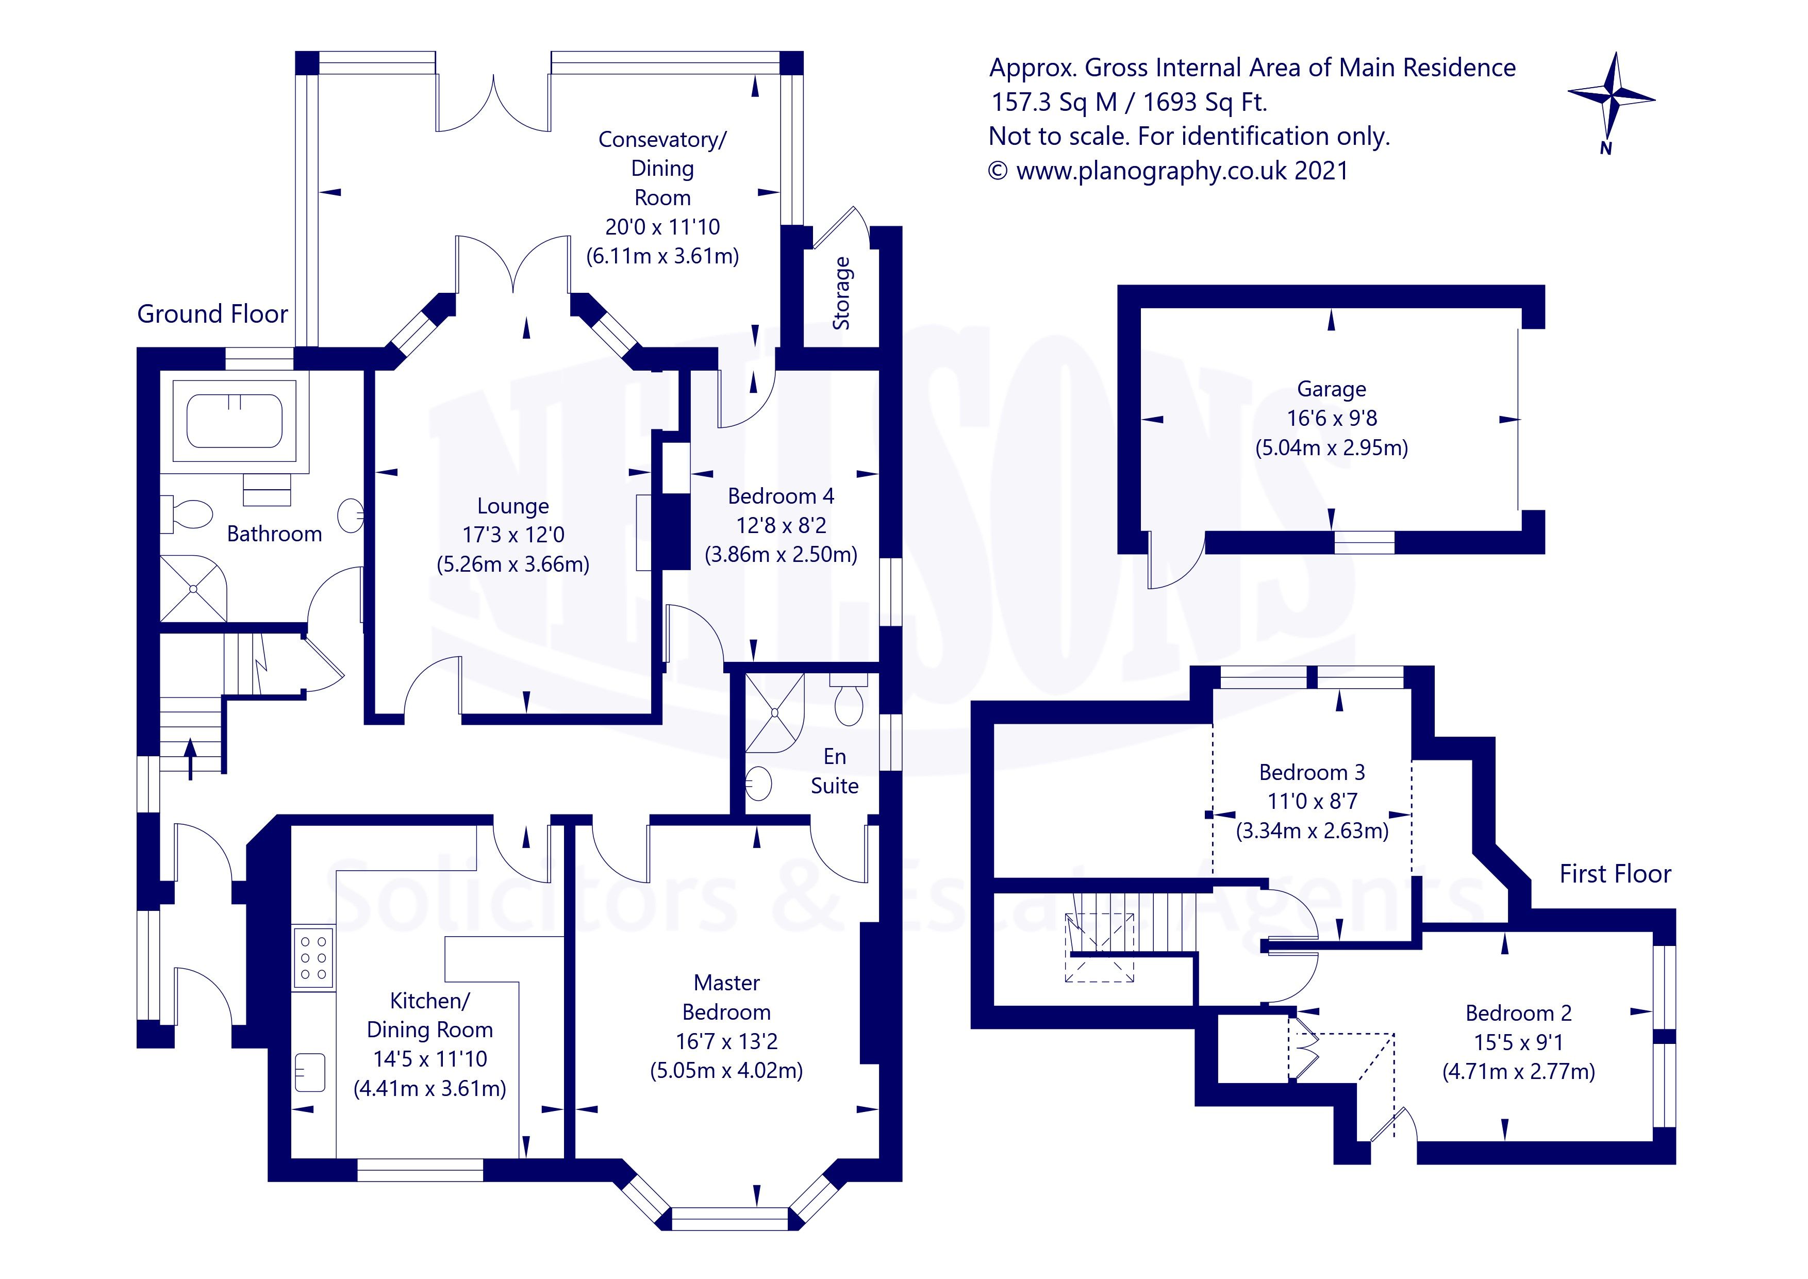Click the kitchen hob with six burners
312,958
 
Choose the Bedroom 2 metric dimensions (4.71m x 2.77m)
1518,1072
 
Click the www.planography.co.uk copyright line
1169,171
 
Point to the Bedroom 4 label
781,496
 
